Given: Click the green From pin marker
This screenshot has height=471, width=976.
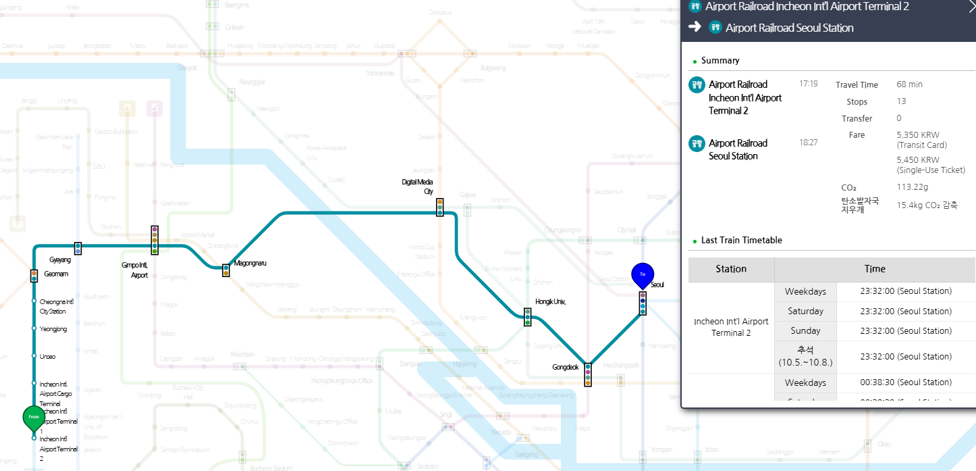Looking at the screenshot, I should pyautogui.click(x=34, y=418).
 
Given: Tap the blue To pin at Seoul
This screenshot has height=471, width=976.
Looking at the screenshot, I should pyautogui.click(x=643, y=274).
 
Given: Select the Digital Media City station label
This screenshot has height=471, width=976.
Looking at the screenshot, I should pyautogui.click(x=417, y=187).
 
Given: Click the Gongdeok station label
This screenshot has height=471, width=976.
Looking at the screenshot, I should pyautogui.click(x=564, y=368).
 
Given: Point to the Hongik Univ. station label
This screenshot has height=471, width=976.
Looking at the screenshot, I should pyautogui.click(x=550, y=302).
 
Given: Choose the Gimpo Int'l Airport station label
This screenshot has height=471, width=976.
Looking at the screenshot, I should pyautogui.click(x=135, y=270).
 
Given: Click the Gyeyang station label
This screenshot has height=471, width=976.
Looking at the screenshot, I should pyautogui.click(x=60, y=260).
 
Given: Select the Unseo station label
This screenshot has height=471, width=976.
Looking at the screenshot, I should pyautogui.click(x=47, y=356).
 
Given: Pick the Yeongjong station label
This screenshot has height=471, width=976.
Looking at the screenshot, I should pyautogui.click(x=53, y=329).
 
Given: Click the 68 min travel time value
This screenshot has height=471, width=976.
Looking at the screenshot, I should pyautogui.click(x=909, y=84).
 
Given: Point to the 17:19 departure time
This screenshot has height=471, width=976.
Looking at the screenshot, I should pyautogui.click(x=808, y=84).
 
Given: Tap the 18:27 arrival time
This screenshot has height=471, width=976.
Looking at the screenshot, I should pyautogui.click(x=808, y=143).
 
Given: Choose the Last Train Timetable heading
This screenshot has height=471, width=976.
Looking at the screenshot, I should pyautogui.click(x=741, y=240).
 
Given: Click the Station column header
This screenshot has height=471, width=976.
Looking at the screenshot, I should pyautogui.click(x=731, y=269).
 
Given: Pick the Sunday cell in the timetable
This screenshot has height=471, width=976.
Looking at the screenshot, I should pyautogui.click(x=805, y=330).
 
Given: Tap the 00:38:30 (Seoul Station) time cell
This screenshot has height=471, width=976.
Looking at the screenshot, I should pyautogui.click(x=906, y=382).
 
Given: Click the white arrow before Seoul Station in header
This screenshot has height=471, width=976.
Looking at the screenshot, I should pyautogui.click(x=695, y=27).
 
